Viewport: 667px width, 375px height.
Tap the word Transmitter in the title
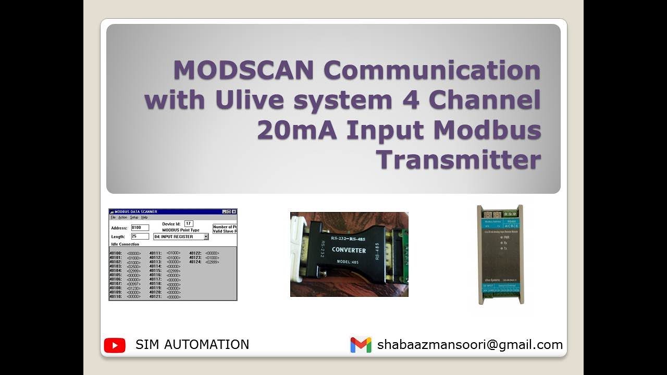point(459,159)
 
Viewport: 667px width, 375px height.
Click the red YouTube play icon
point(115,345)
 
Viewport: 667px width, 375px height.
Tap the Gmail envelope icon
point(361,345)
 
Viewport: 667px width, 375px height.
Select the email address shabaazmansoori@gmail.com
point(470,345)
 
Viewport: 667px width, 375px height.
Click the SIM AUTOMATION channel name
point(192,345)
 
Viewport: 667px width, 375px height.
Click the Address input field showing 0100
point(140,228)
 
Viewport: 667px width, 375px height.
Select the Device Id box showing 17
point(189,223)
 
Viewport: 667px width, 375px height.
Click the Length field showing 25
point(140,236)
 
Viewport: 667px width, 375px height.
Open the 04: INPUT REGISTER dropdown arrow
point(206,236)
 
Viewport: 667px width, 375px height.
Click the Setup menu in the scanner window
point(134,217)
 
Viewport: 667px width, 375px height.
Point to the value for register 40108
point(134,288)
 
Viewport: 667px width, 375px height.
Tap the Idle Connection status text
point(125,244)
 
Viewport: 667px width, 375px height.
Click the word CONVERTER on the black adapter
point(349,251)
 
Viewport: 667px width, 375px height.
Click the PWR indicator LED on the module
point(500,236)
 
